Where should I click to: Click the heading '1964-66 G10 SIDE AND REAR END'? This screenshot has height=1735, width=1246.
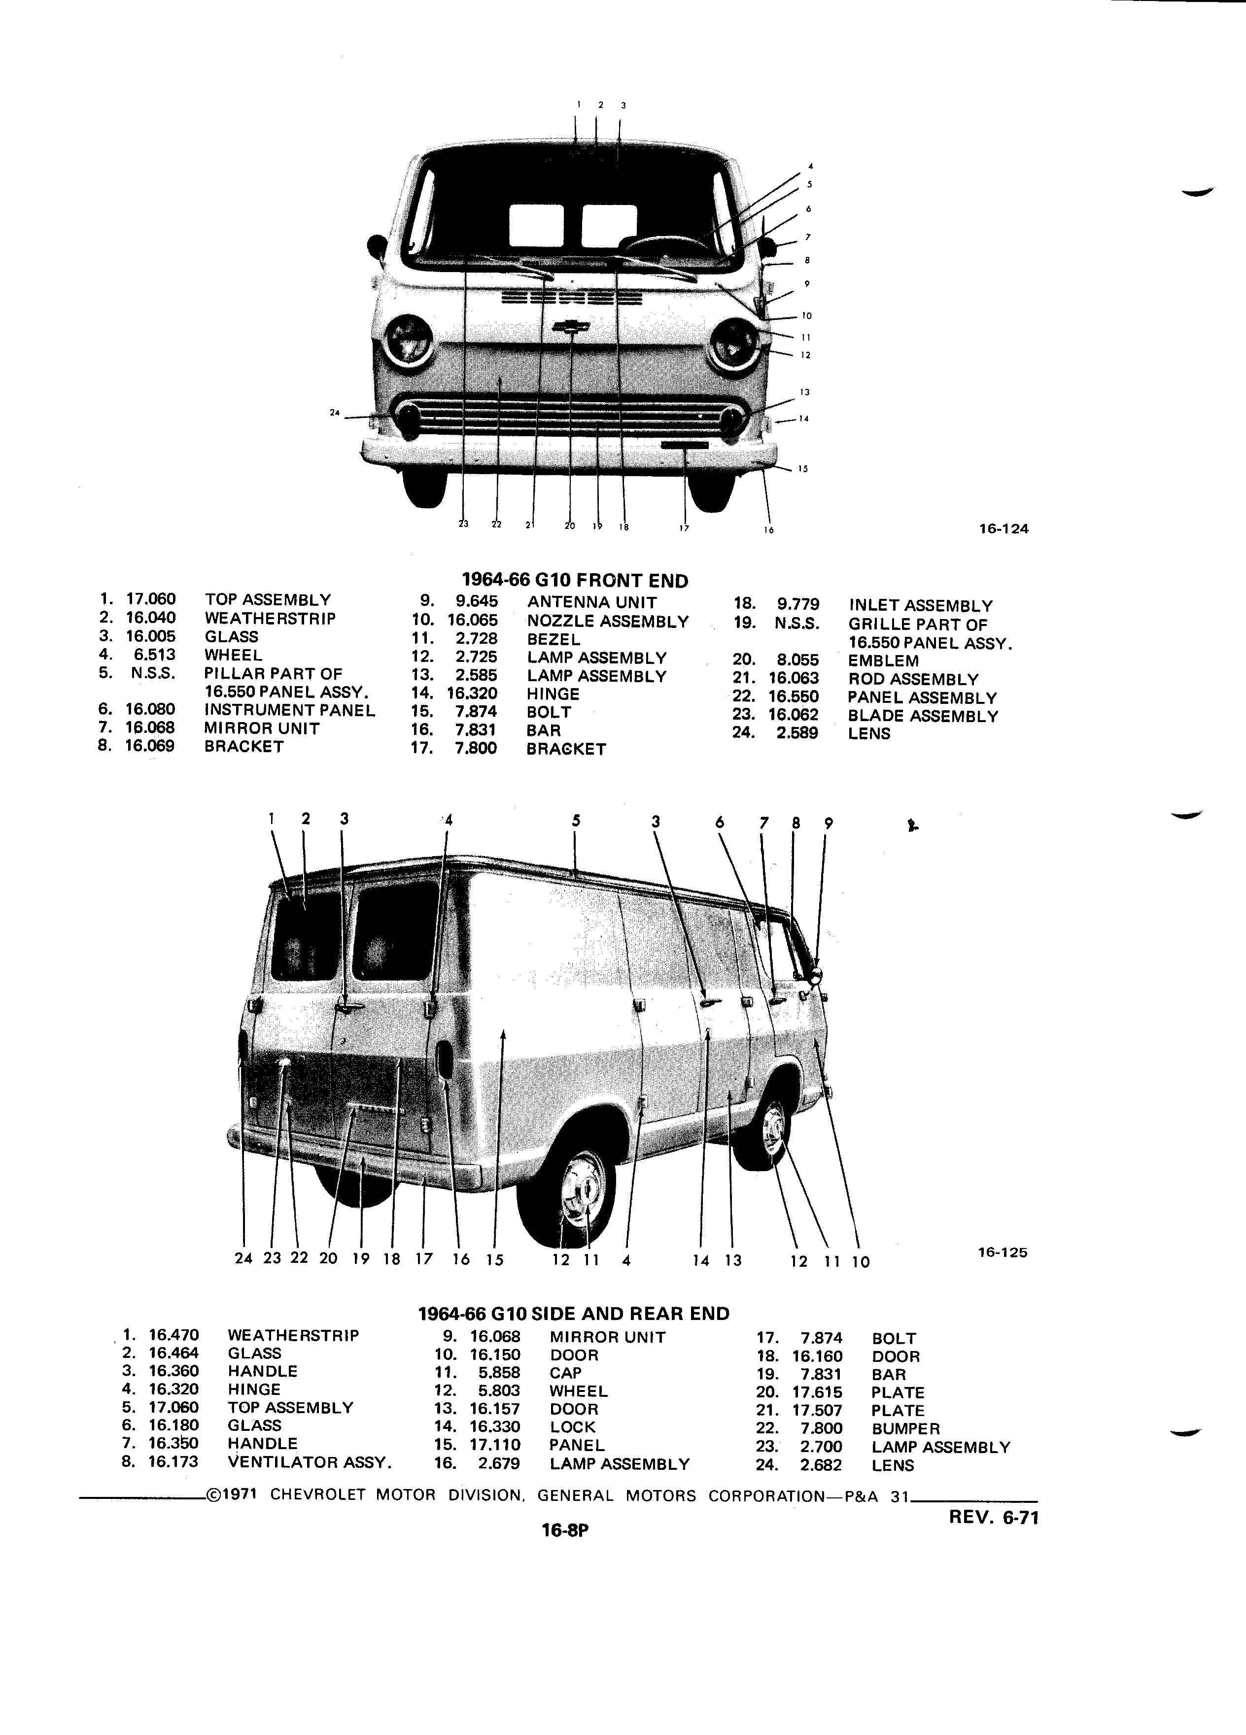pos(574,1314)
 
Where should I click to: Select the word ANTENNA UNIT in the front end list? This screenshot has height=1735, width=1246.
pos(592,603)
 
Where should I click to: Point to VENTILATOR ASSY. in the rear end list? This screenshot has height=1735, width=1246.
pos(310,1462)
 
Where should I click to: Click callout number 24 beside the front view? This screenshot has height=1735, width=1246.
pos(334,413)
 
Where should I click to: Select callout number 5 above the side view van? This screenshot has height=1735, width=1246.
pos(576,821)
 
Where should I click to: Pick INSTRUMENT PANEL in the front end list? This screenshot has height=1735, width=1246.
pos(290,710)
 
